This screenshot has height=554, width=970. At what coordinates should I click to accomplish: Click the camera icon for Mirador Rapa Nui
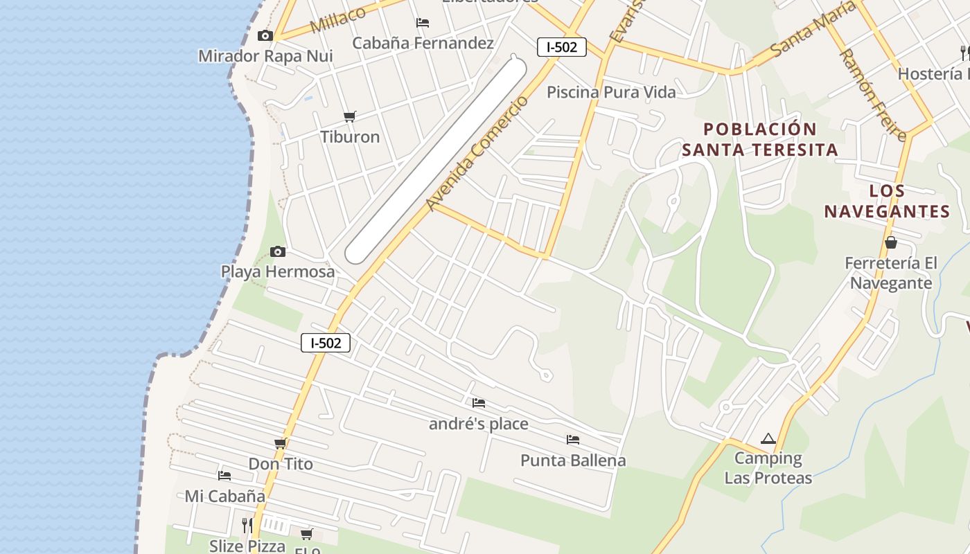265,36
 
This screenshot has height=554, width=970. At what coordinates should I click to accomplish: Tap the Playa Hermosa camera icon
277,251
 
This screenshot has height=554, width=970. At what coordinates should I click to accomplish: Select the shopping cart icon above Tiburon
350,116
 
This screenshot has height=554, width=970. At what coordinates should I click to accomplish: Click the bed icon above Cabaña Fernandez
423,23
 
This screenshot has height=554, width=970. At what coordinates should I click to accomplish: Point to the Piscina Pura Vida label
611,91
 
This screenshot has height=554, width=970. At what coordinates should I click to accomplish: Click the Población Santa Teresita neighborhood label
760,139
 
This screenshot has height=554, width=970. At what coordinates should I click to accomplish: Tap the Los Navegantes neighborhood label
887,202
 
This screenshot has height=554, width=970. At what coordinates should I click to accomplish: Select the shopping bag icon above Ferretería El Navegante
891,242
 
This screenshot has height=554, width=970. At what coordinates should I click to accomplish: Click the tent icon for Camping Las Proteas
768,438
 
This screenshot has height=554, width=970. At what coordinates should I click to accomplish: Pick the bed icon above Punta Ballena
572,440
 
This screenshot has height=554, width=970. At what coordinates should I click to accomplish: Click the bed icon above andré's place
478,403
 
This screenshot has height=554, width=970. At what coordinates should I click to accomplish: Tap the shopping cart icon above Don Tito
280,443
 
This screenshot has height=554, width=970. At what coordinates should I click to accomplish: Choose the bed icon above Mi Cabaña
224,476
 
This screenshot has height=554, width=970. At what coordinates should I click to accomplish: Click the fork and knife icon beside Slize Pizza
247,526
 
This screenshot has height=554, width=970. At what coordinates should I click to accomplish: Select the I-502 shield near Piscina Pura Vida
562,47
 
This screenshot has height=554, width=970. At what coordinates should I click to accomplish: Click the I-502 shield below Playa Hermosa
326,342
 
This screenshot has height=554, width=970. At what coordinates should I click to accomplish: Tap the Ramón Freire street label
872,95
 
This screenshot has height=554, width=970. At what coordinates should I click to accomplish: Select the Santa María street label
808,35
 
